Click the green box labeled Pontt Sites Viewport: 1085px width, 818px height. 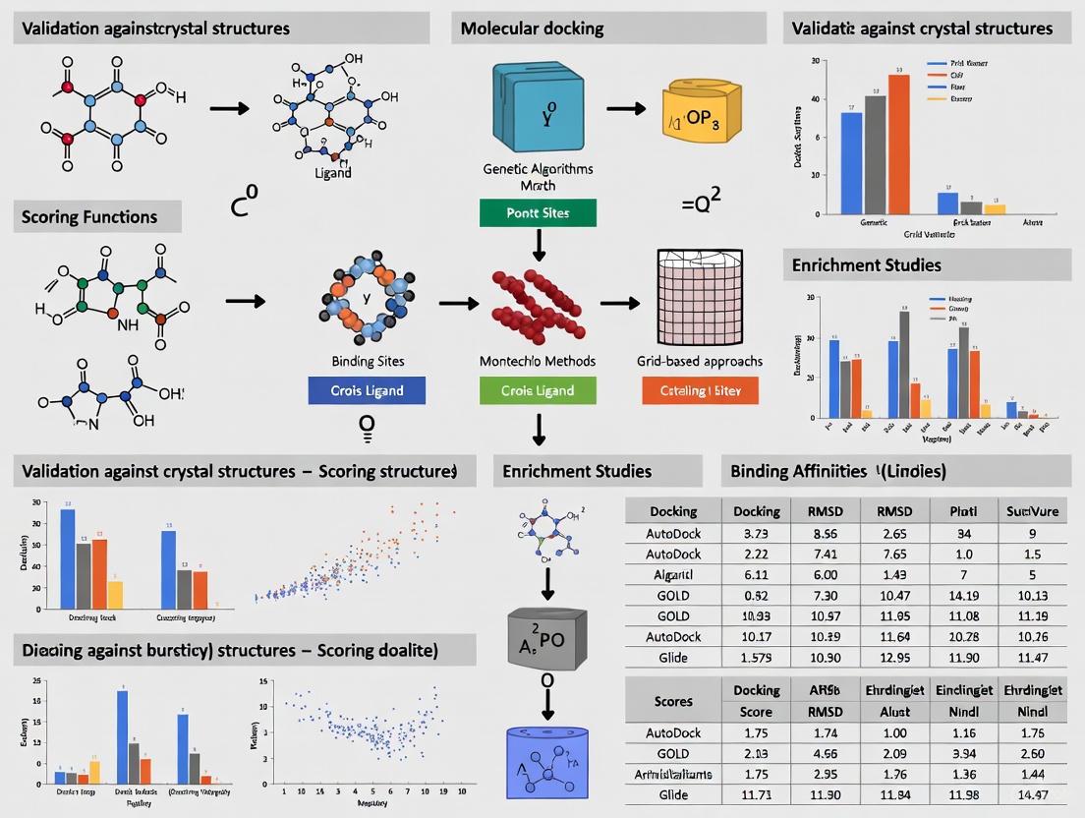click(538, 212)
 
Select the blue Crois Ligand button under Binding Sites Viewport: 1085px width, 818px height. click(367, 390)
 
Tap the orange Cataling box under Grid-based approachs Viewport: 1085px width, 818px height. click(700, 390)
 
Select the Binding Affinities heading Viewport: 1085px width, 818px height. click(838, 471)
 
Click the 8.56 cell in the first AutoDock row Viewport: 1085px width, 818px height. click(826, 532)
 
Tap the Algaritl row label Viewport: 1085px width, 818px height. click(673, 574)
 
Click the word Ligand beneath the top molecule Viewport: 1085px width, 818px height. click(331, 173)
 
